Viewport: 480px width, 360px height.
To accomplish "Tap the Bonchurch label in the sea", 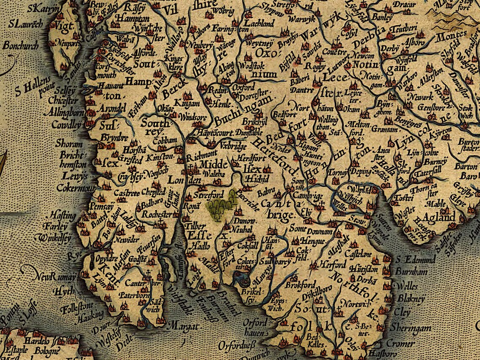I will coord(21,45).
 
